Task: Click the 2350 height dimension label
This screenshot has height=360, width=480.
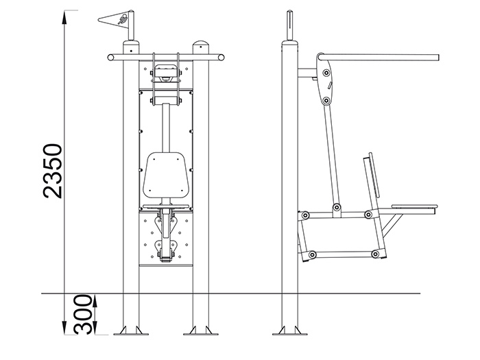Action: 53,171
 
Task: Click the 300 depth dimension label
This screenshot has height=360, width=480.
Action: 83,314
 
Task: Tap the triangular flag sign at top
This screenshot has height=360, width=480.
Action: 113,21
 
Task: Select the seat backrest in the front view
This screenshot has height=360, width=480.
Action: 166,175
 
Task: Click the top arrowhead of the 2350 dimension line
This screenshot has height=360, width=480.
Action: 64,17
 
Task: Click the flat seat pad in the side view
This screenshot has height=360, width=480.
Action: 414,206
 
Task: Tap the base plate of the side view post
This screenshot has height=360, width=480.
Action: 290,334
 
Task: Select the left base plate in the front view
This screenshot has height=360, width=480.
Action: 131,333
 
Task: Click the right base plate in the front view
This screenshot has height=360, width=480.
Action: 201,333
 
